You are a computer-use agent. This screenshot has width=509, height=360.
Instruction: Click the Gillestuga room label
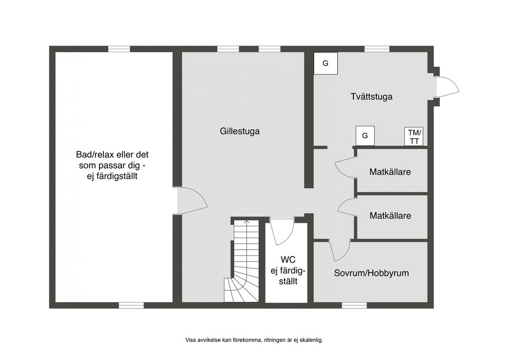click(x=240, y=132)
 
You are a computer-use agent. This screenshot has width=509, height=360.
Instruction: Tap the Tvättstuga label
click(x=371, y=96)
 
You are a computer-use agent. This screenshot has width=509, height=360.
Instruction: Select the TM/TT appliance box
click(x=414, y=136)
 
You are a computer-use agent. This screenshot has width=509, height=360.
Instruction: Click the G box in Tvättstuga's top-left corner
click(x=326, y=63)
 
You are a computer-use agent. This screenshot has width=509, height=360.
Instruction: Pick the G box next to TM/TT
click(x=365, y=136)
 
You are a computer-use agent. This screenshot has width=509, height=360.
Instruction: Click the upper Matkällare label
click(x=390, y=172)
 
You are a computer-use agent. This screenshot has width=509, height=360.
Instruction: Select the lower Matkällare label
click(x=390, y=216)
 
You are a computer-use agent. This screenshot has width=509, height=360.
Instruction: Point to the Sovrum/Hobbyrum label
click(x=371, y=273)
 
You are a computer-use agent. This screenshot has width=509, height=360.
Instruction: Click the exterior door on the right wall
click(x=446, y=88)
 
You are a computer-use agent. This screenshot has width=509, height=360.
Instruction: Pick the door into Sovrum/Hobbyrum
click(x=340, y=251)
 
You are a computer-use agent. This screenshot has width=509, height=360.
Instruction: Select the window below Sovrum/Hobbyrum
click(x=353, y=305)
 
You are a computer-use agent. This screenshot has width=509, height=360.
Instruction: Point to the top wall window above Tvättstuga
click(x=376, y=49)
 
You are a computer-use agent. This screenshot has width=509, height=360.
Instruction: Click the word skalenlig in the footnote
click(x=311, y=341)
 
